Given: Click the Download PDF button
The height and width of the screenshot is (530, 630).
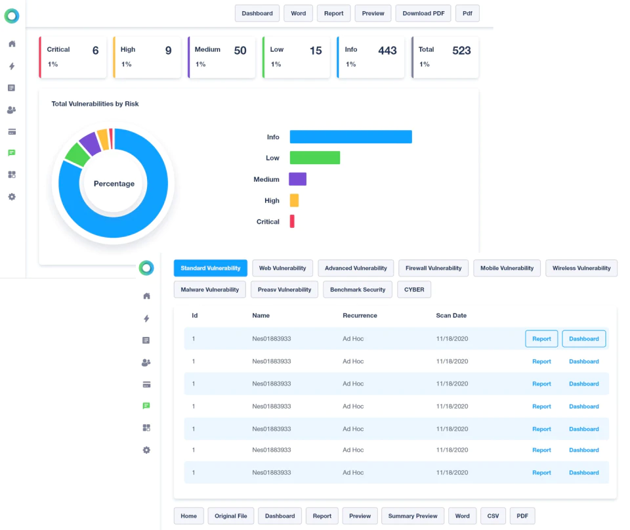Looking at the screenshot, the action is click(x=423, y=13).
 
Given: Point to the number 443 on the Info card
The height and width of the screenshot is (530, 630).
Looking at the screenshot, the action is click(x=387, y=51).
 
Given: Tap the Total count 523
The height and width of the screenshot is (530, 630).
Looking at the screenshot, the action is click(x=461, y=51).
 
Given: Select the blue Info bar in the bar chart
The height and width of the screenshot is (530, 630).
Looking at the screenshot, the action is click(x=350, y=137).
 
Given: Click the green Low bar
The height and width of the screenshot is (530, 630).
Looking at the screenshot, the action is click(x=315, y=158).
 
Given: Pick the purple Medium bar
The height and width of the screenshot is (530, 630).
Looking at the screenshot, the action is click(x=298, y=179).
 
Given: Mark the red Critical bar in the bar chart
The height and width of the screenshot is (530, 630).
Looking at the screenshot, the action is click(x=292, y=221).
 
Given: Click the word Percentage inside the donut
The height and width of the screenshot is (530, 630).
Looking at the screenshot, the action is click(x=114, y=184).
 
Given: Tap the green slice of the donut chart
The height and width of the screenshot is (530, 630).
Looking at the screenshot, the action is click(x=77, y=154).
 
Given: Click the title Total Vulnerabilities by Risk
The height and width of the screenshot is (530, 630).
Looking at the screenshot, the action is click(x=94, y=104).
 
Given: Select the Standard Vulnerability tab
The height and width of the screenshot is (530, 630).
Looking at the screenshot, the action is click(x=211, y=268).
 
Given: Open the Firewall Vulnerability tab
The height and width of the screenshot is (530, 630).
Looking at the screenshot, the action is click(x=434, y=268).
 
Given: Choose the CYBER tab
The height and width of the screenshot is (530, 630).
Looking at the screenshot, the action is click(x=414, y=290).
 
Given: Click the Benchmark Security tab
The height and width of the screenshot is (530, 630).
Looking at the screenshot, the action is click(x=358, y=290).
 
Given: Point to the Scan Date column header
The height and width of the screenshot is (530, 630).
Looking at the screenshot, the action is click(x=451, y=316).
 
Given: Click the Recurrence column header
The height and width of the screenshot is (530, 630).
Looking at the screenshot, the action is click(x=360, y=316).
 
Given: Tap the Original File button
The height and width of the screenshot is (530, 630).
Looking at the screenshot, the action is click(x=230, y=516).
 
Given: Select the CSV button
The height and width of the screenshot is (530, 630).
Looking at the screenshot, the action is click(x=493, y=516).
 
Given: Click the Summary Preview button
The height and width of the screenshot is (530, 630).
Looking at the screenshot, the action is click(x=413, y=516).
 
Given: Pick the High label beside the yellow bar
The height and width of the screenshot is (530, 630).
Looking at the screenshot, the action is click(x=272, y=201).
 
